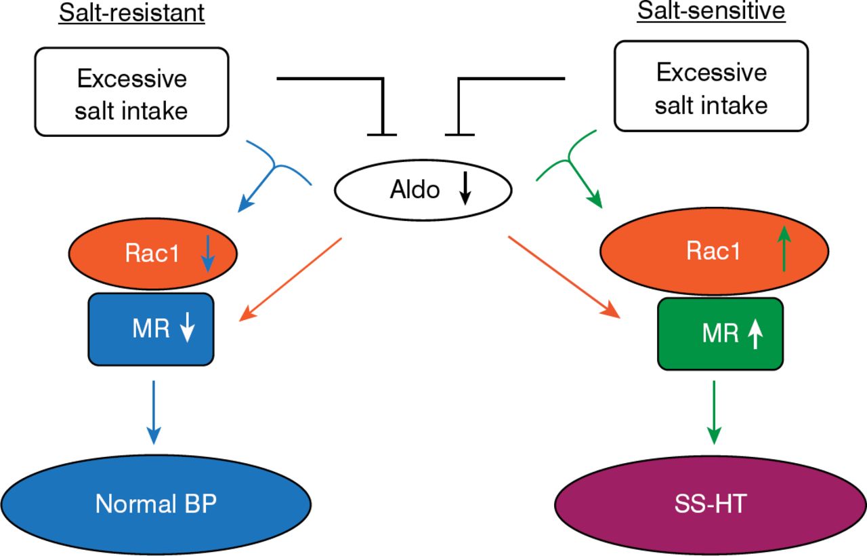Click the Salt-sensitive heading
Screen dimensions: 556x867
pos(711,14)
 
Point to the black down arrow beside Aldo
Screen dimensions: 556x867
pos(465,191)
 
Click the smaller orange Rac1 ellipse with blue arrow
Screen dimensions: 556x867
pos(153,254)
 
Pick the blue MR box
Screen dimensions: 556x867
pos(151,329)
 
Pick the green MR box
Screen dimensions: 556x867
pos(720,334)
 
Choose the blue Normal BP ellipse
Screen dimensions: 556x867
pos(156,504)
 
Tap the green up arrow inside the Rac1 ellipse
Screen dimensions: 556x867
pos(784,250)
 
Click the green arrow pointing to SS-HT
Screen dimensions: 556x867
pos(714,413)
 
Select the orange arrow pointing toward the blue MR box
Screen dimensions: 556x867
pos(291,278)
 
